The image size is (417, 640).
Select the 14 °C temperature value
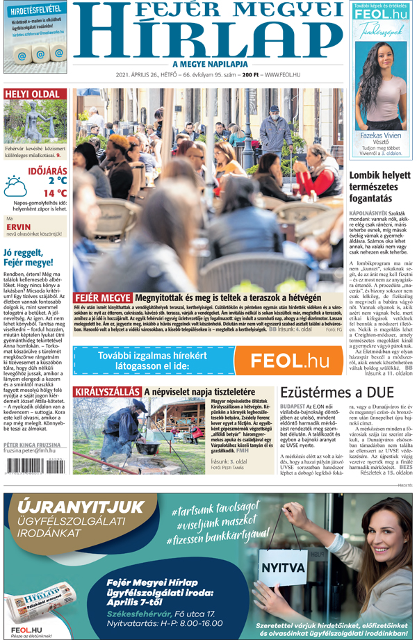[x=55, y=193]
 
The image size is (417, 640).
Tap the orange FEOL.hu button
[x=288, y=361]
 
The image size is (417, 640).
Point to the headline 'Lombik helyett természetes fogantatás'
[x=379, y=188]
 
